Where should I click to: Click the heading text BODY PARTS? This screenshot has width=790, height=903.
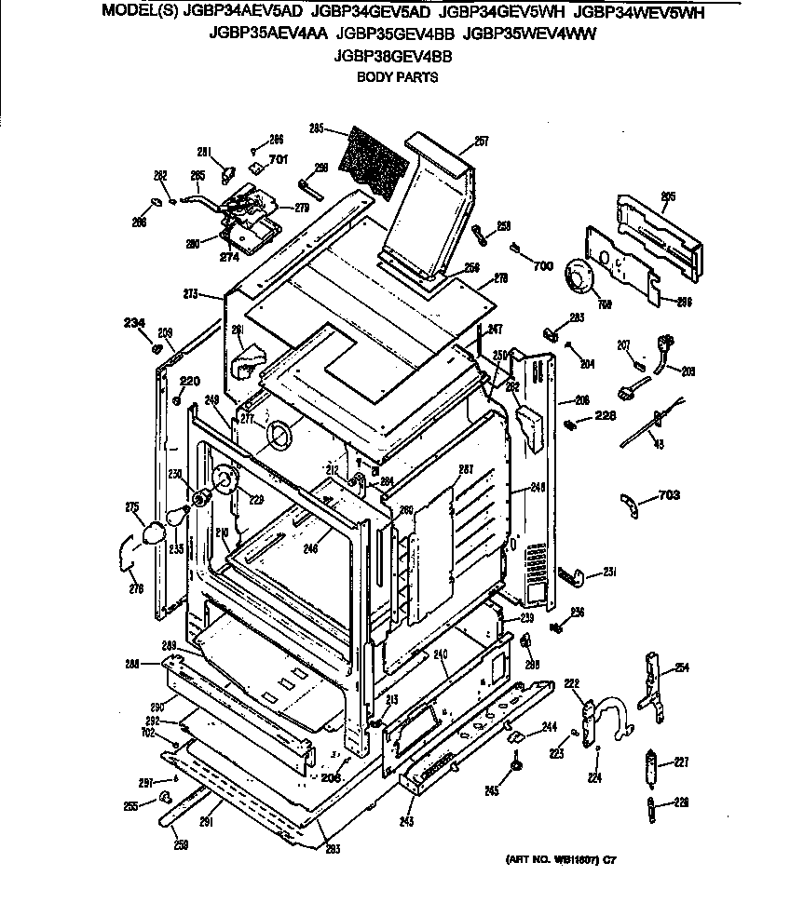point(398,77)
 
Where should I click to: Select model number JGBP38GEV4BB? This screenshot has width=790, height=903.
point(392,56)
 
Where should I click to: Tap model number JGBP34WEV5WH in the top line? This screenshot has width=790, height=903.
point(639,13)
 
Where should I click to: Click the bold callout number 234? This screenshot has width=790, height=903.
point(134,323)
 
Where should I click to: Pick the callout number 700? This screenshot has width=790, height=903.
point(543,265)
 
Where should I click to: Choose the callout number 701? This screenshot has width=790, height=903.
point(278,159)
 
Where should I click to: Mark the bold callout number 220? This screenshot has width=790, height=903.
point(190,380)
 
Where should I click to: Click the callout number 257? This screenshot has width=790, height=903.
point(481,142)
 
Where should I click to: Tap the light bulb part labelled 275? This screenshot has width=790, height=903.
point(152,532)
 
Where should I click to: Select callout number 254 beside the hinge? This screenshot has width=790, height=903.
point(682,667)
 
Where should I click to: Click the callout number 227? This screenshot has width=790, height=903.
point(681,762)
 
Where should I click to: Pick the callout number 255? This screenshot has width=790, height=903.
point(132,805)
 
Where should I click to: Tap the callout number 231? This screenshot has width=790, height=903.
point(609,572)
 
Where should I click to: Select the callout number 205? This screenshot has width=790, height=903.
point(668,196)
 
